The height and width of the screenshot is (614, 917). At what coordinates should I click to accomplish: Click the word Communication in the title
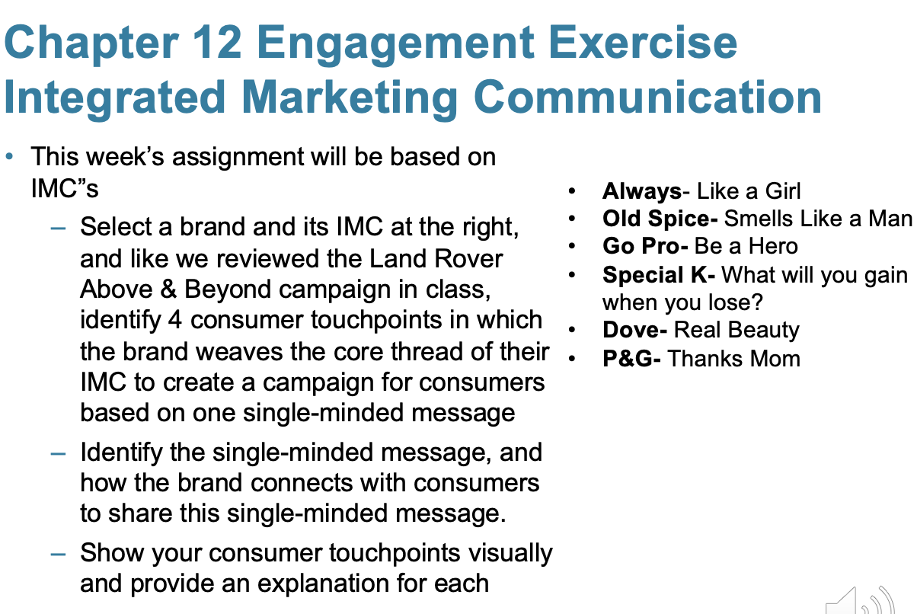point(647,98)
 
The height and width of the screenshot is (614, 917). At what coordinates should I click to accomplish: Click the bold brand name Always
point(641,191)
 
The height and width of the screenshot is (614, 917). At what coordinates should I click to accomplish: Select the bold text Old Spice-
point(660,219)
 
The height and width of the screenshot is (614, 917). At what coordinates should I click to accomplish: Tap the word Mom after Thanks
point(774,358)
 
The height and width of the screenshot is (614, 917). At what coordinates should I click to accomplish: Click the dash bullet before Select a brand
point(59,228)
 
